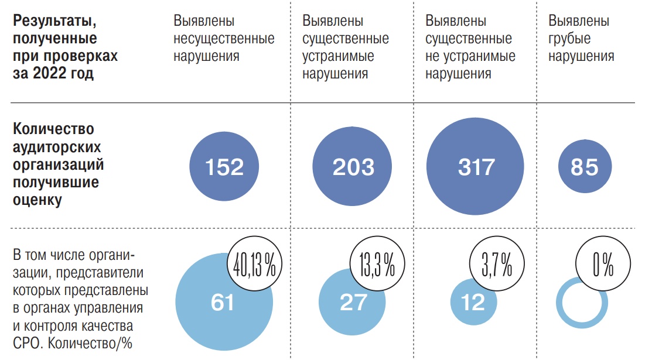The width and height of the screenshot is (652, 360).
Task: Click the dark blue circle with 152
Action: coord(224,167)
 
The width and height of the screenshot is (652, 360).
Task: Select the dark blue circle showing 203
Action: coord(353,167)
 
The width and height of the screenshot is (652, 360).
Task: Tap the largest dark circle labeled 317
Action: coord(476,167)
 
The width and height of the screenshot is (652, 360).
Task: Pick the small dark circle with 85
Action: coord(584,167)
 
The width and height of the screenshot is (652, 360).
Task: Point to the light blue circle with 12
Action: coord(473,303)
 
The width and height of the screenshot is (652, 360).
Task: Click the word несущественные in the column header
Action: coord(224,39)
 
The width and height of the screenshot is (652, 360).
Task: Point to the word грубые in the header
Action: coord(569,39)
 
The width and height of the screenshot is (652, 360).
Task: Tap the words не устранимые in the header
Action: coord(470,57)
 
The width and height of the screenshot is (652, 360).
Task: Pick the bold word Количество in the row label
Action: coord(53,129)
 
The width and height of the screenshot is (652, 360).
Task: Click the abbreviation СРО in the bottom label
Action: coord(27,343)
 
